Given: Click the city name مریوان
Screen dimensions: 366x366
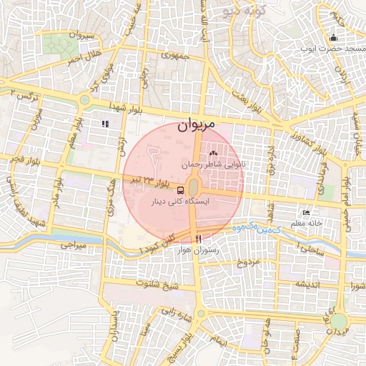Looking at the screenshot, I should tap(194, 127).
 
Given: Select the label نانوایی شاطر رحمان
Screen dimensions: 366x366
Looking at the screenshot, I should tap(214, 164).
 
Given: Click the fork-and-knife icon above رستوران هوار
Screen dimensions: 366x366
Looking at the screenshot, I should tap(199, 238).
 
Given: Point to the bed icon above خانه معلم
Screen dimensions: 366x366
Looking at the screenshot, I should tap(307, 212).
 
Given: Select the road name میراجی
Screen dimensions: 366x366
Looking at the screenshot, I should tap(72, 244).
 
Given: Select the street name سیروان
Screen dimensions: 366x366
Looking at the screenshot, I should tap(79, 35).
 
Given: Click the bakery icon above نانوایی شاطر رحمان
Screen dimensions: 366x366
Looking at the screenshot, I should tap(212, 153).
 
